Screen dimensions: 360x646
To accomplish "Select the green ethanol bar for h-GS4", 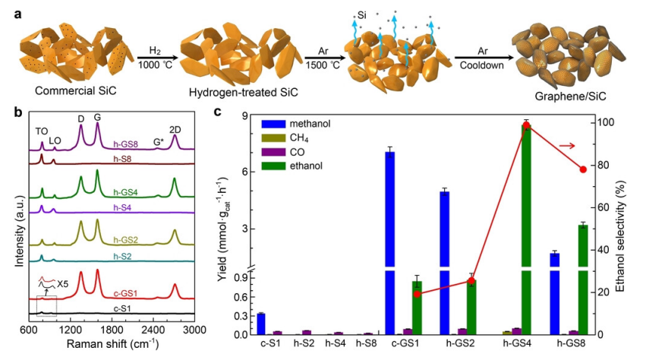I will pos(526,228).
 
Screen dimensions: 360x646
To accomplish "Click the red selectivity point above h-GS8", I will pos(583,169).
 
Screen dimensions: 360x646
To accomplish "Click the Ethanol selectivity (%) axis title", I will pos(629,225).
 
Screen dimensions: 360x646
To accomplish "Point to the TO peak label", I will pos(42,130).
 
